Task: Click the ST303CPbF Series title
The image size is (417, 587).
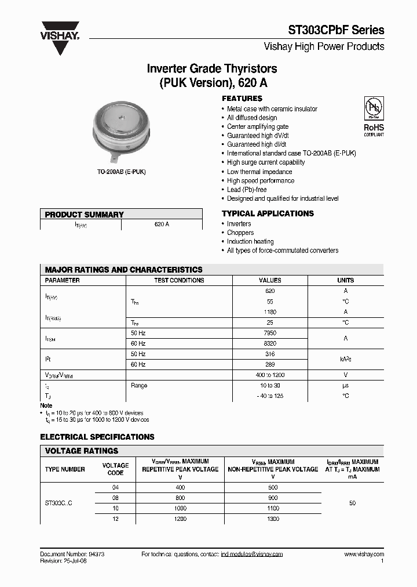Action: click(x=336, y=30)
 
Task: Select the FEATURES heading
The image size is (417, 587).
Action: click(x=242, y=99)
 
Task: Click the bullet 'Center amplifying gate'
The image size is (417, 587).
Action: click(x=257, y=126)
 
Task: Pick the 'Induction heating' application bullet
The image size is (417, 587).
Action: click(x=250, y=241)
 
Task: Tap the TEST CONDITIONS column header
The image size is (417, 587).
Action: click(x=179, y=280)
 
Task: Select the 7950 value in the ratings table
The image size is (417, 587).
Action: click(x=270, y=333)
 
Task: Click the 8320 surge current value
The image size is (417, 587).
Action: click(x=270, y=343)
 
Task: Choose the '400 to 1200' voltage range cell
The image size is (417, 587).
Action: click(x=270, y=375)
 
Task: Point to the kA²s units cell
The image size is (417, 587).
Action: click(x=345, y=359)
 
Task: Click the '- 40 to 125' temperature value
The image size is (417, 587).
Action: click(x=270, y=396)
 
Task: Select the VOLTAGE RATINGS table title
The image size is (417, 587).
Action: click(x=82, y=451)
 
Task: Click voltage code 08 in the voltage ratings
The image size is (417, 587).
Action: click(x=115, y=498)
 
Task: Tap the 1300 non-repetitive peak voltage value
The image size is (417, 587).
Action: click(x=273, y=519)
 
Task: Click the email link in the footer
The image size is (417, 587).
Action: click(x=252, y=555)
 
